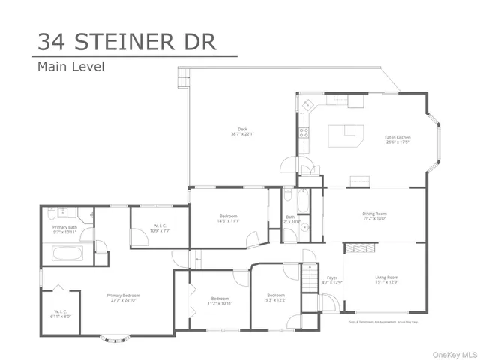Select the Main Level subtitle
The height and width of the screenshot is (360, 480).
71,66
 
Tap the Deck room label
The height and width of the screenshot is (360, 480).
242,131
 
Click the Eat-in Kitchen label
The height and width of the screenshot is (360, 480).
397,139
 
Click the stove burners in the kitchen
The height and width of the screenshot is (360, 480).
304,133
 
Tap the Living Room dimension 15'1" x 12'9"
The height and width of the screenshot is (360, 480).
386,283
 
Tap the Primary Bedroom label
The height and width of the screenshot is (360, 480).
124,295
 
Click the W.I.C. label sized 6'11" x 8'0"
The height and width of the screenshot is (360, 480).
61,313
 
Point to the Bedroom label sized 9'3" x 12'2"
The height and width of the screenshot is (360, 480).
275,296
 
